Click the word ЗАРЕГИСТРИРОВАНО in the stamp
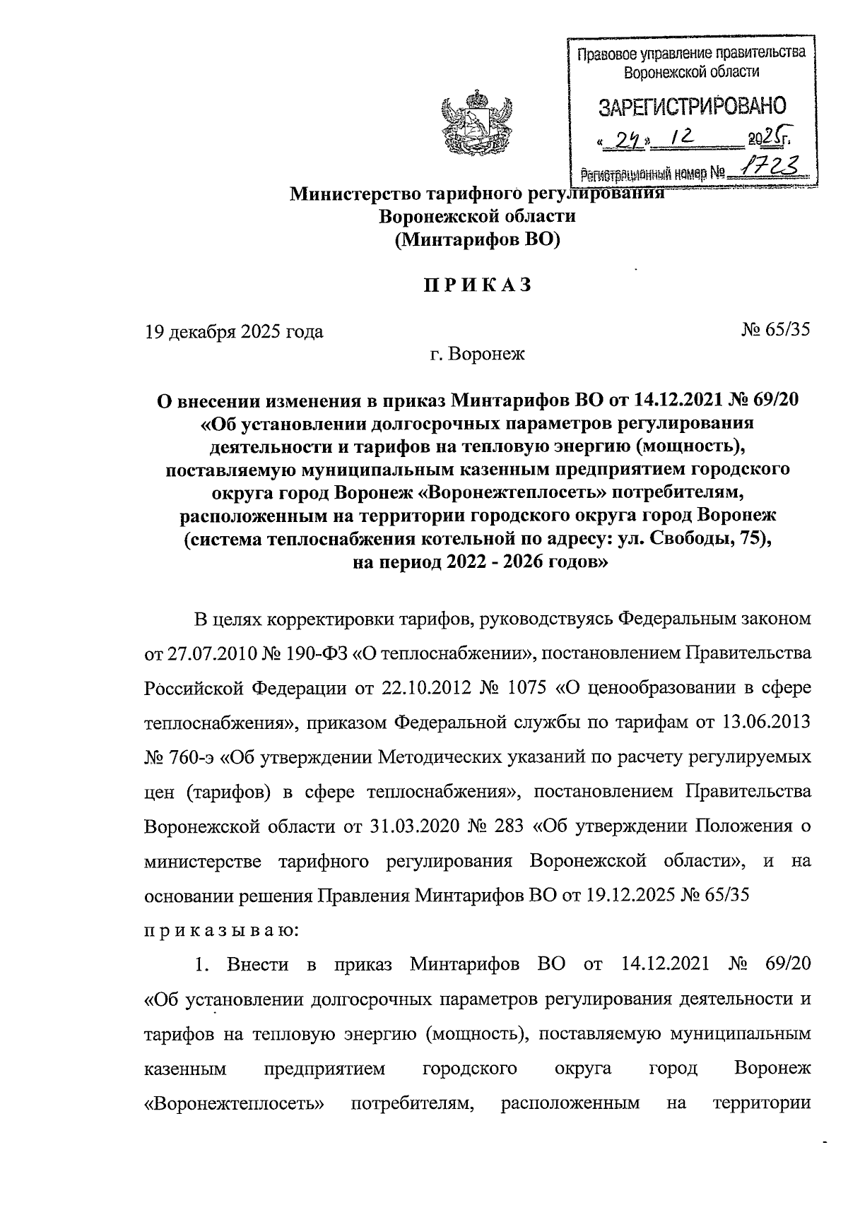coord(692,107)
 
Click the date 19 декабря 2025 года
coord(234,331)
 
